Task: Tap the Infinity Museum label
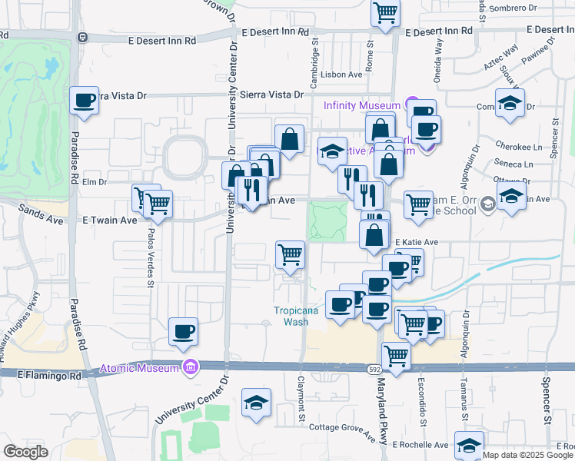point(361,104)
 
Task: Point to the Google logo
point(26,452)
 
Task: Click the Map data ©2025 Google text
point(527,455)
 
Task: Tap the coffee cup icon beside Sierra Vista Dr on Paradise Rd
point(84,101)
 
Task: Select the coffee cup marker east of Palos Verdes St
point(183,332)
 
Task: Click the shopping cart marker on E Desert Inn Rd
point(385,13)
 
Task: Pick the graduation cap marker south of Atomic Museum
point(257,403)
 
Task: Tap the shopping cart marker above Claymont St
point(290,255)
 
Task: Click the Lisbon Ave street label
point(342,75)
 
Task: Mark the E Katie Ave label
point(416,242)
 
